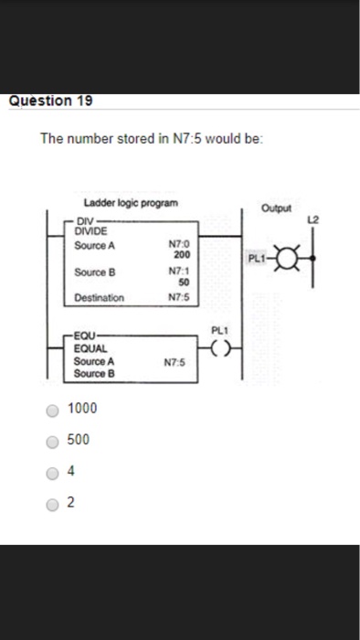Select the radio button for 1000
(54, 408)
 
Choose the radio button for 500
(54, 440)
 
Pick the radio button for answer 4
(54, 473)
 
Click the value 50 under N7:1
(181, 283)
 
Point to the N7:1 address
(181, 272)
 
